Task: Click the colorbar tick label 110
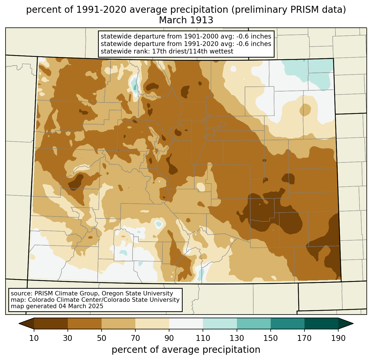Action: (203, 338)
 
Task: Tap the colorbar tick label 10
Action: (34, 338)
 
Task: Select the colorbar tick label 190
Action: (338, 338)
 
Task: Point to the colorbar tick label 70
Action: (135, 338)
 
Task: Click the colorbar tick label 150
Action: (270, 338)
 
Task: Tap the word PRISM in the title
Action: (302, 10)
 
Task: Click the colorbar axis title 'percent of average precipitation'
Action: (186, 350)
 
